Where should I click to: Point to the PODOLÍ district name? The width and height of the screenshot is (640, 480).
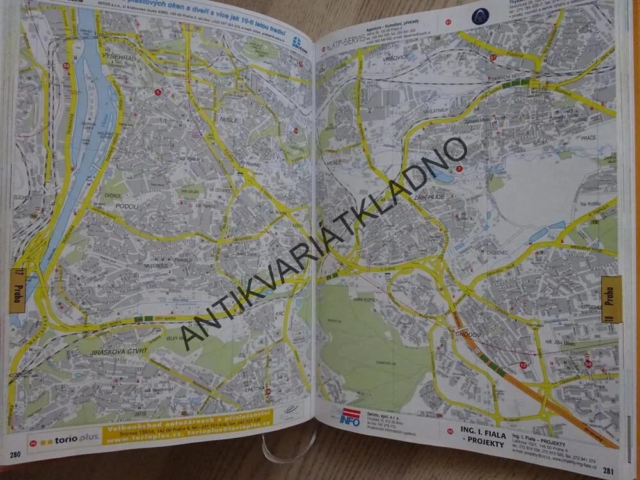click(x=127, y=207)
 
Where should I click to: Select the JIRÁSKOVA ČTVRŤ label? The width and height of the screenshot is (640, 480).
click(x=118, y=351)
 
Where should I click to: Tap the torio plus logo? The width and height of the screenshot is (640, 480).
click(x=64, y=440)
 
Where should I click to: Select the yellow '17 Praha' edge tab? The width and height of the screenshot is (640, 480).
click(x=17, y=290)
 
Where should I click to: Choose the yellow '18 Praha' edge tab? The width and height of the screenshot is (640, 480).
click(x=611, y=298)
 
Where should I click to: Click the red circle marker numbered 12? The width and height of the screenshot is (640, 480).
click(x=523, y=365)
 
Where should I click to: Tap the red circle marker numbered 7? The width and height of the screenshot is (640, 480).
click(x=459, y=168)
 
